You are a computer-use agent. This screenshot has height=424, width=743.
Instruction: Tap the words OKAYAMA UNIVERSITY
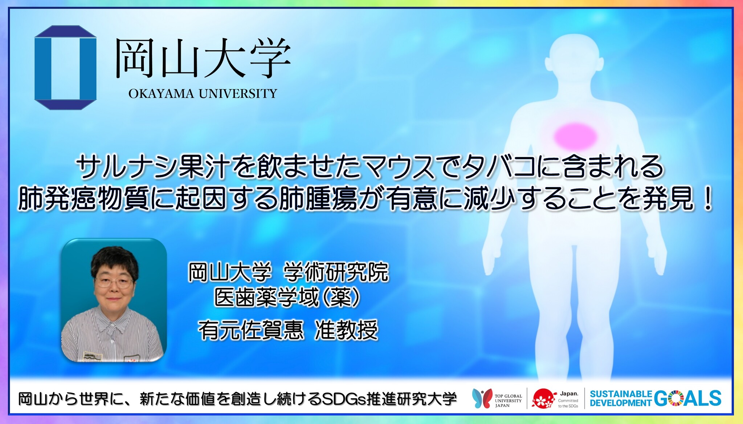[x=203, y=94]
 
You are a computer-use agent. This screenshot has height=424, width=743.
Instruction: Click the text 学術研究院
[x=336, y=272]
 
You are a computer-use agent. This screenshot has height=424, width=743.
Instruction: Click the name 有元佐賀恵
[x=250, y=330]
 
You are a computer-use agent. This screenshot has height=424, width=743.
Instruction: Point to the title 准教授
[x=346, y=330]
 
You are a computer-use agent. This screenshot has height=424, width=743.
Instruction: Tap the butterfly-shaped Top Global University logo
[x=482, y=398]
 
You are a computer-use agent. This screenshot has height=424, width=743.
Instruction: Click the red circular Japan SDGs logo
[x=543, y=399]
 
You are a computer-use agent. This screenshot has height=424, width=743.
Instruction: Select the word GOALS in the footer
[x=688, y=399]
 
